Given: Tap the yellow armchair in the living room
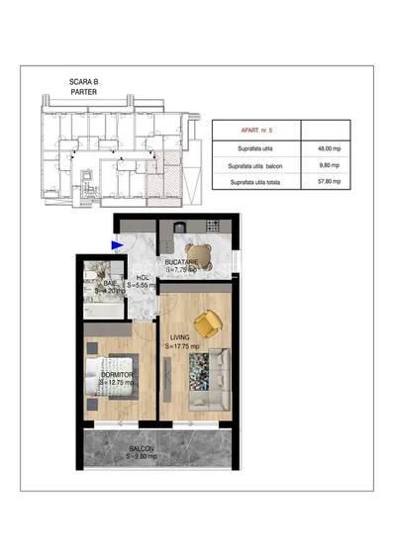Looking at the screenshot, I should (209, 323).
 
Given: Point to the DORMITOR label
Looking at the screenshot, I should (116, 375).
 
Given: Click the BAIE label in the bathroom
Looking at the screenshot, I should (109, 284).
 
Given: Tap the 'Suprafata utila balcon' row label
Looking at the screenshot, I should (255, 165).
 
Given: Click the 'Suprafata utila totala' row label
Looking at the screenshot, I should (255, 183).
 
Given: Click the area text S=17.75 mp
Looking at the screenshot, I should (182, 347).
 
